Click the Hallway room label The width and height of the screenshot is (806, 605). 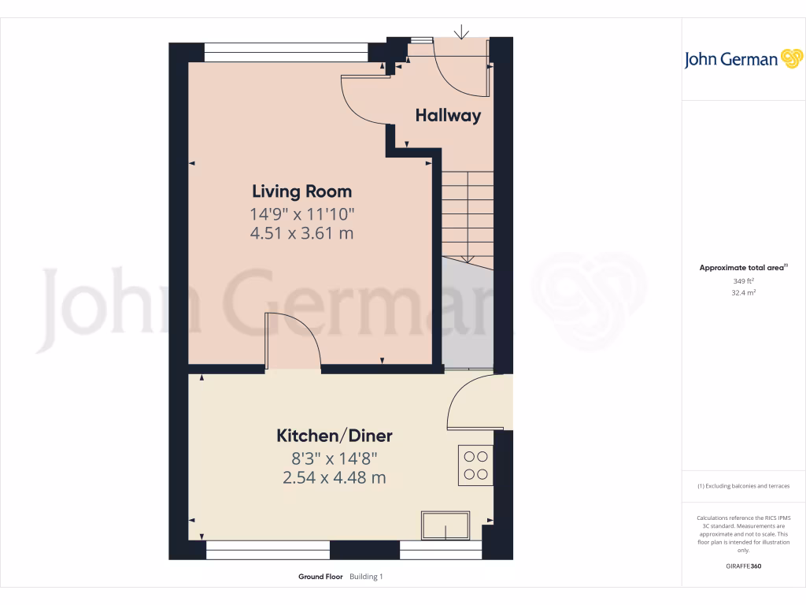(448, 116)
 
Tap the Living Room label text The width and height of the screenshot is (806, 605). (301, 191)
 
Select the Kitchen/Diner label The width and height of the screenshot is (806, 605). (334, 436)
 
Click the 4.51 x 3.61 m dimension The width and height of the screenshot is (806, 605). (301, 233)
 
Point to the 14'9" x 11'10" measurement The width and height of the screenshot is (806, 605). (302, 213)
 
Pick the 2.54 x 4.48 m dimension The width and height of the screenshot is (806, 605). (334, 477)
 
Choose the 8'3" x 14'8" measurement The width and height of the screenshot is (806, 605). (334, 457)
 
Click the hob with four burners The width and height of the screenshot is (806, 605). (475, 465)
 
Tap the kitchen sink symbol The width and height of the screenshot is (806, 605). (446, 525)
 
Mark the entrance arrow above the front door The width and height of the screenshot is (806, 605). (461, 32)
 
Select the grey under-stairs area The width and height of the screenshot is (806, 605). (466, 315)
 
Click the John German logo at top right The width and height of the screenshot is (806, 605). (741, 59)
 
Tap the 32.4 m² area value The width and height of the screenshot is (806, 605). (743, 292)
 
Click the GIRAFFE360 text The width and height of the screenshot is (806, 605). (743, 566)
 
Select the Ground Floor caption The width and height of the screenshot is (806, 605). (320, 577)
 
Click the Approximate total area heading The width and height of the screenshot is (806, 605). (742, 268)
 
